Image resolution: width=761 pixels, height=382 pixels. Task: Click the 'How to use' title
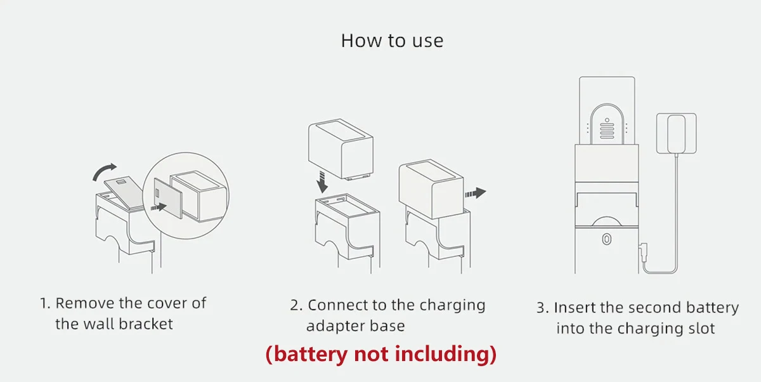point(392,41)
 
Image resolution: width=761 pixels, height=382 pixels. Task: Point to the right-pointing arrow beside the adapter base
point(476,192)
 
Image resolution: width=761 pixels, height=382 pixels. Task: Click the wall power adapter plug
point(677,133)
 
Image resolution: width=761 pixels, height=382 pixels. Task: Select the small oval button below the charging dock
point(606,240)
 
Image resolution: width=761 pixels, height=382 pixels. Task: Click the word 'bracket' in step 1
point(147,324)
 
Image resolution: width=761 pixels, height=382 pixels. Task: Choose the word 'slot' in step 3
point(700,329)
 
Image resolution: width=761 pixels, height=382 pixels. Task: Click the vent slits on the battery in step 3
point(607,131)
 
